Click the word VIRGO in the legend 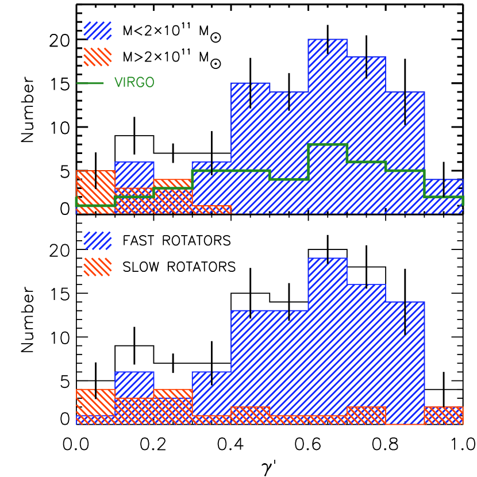(134, 83)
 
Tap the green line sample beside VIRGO (90, 83)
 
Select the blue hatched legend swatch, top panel (97, 30)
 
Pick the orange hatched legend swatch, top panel (97, 57)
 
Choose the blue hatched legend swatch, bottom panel (97, 241)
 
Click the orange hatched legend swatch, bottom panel (97, 267)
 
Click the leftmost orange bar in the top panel (95, 192)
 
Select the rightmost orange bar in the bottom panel (444, 416)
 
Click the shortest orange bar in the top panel (211, 210)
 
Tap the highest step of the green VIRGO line (328, 144)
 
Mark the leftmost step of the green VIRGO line (95, 205)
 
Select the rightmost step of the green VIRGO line (444, 197)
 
